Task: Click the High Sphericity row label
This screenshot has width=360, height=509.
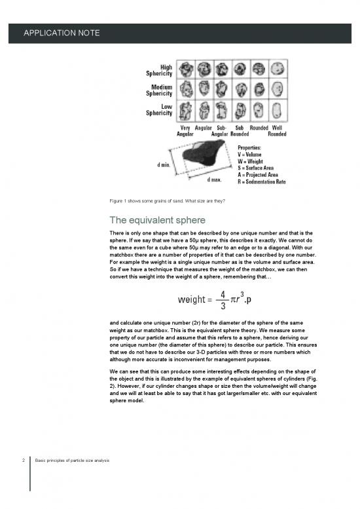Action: (x=160, y=70)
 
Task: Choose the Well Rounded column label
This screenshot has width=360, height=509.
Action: (x=277, y=130)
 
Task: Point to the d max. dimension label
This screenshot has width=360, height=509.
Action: (x=214, y=179)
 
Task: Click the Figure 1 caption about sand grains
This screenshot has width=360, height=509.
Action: (x=168, y=201)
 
